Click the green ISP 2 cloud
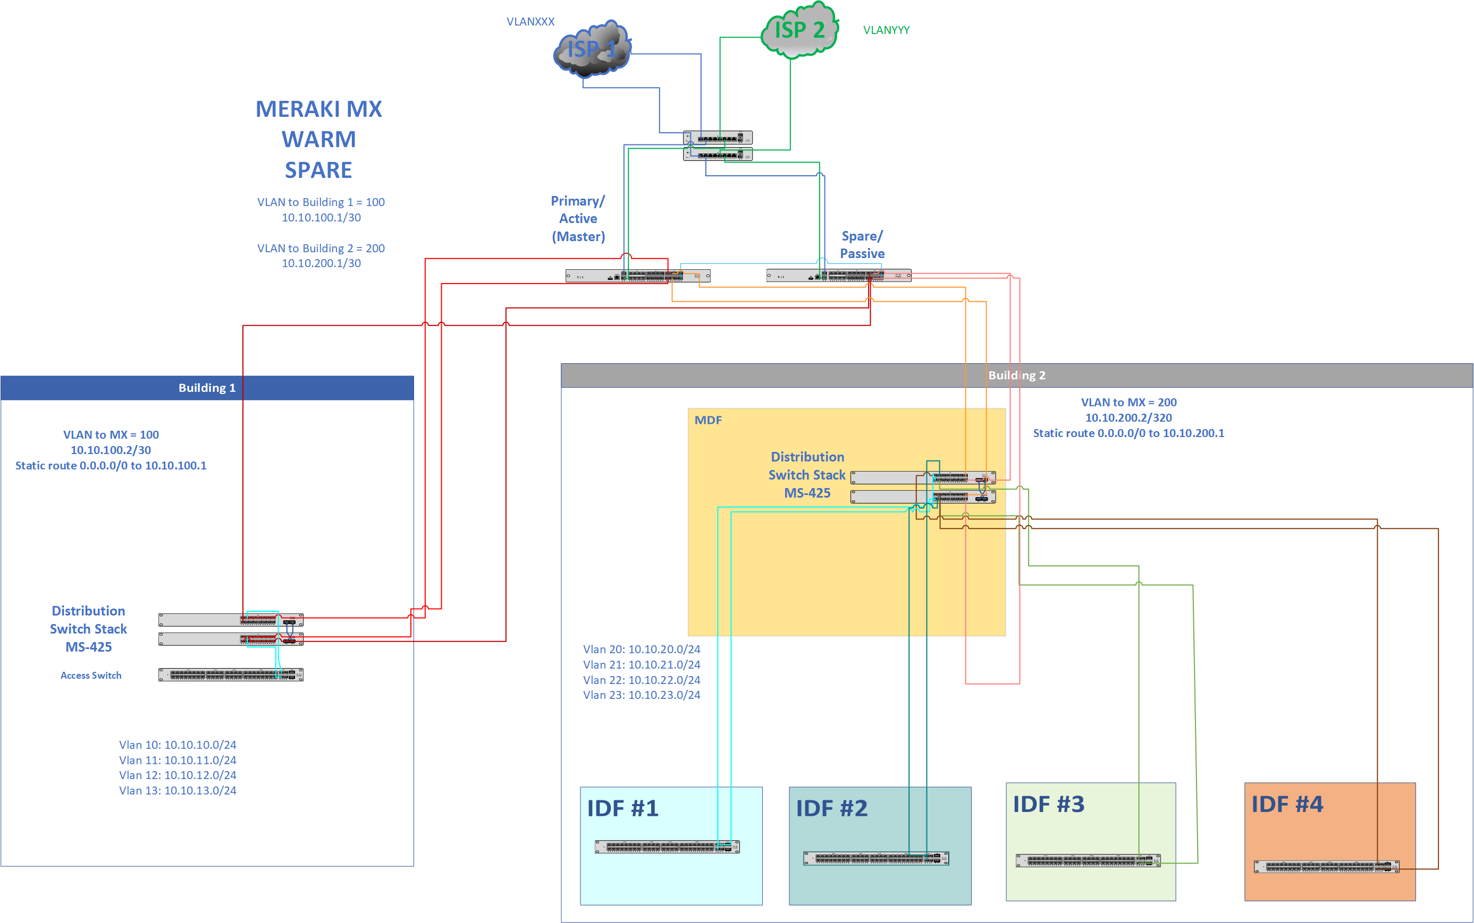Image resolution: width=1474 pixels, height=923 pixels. tap(799, 30)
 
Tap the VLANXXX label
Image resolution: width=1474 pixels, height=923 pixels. tap(530, 22)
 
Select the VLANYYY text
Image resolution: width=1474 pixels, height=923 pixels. tap(886, 30)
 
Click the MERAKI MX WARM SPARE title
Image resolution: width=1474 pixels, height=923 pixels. tap(318, 139)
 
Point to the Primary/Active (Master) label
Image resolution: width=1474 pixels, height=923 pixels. tap(578, 219)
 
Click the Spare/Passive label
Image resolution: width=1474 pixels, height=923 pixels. tap(862, 245)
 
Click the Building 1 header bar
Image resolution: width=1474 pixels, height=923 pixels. tap(207, 388)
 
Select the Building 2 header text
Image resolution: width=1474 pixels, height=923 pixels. tap(1016, 375)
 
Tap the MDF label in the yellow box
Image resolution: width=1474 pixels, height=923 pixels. tap(708, 421)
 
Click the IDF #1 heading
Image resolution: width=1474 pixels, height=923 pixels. tap(622, 808)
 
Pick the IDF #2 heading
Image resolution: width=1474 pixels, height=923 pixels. tap(831, 808)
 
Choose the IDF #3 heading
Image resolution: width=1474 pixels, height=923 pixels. tap(1048, 804)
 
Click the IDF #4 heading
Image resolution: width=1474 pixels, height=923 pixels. tap(1286, 804)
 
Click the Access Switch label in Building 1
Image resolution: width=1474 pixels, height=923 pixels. tap(91, 675)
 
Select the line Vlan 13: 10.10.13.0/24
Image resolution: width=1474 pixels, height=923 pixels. tap(177, 791)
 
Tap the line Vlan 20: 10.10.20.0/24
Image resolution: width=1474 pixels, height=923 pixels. tap(642, 649)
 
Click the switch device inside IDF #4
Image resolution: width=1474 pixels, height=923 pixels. tap(1326, 866)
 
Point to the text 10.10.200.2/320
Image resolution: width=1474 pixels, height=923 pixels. tap(1128, 418)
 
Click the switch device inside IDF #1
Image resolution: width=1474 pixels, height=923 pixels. tap(667, 847)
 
